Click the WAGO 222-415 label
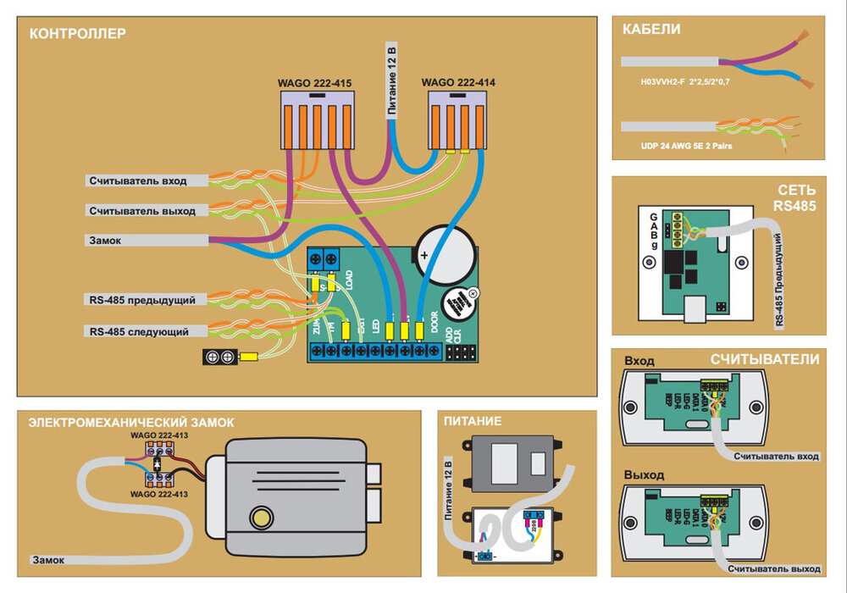[x=314, y=84]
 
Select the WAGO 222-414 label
[x=458, y=83]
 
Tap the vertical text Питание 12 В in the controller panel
[x=391, y=79]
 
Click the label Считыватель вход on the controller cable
[x=138, y=180]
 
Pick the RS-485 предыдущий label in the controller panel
[x=141, y=300]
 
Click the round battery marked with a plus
[x=441, y=252]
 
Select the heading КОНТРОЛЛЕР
[x=77, y=35]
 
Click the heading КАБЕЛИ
[x=651, y=30]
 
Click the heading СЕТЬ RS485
[x=795, y=197]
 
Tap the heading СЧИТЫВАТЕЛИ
[x=765, y=359]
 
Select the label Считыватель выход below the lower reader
[x=777, y=568]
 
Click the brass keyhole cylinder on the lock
[x=260, y=515]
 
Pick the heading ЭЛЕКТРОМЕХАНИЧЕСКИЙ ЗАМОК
[x=131, y=422]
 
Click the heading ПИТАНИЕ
[x=473, y=421]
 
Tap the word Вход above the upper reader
[x=639, y=360]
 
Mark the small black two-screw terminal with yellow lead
[x=219, y=357]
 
